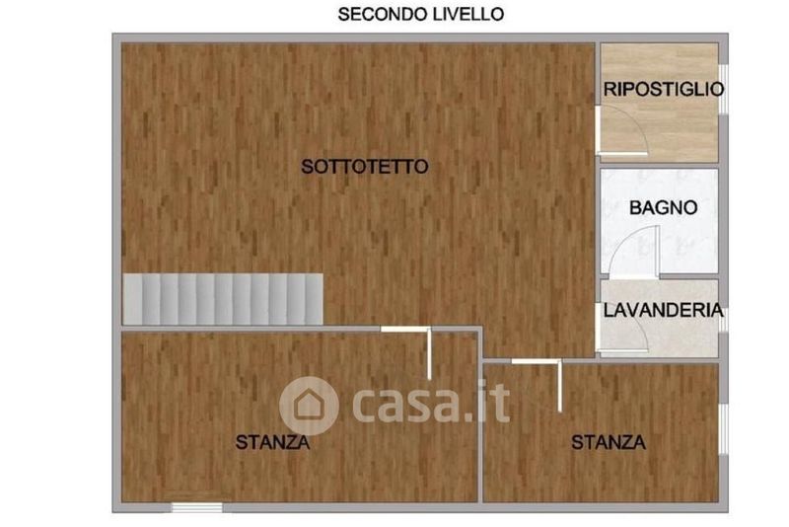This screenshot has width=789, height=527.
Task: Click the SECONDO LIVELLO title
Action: (421, 14)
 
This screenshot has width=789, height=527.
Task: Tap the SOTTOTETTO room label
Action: (365, 167)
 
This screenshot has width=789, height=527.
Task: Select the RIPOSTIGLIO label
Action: (664, 89)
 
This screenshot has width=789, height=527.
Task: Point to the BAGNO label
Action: (663, 207)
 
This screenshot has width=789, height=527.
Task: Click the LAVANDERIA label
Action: (663, 310)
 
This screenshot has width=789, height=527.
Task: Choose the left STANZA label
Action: (273, 442)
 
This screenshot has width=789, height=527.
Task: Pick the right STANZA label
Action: (609, 442)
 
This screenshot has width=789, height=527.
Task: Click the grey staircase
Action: (223, 299)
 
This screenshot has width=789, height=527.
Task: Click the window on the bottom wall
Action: (196, 507)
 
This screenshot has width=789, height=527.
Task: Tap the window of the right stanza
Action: (724, 429)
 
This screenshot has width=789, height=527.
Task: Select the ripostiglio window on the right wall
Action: (724, 89)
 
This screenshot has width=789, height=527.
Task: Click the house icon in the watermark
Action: (309, 406)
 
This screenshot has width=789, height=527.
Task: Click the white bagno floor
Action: (659, 222)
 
